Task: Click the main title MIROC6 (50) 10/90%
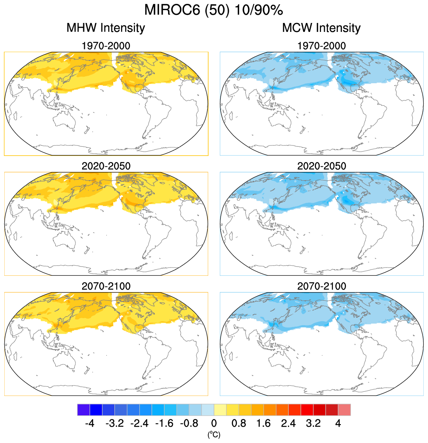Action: point(213,10)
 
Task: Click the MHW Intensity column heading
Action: point(105,28)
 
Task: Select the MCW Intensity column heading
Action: point(321,28)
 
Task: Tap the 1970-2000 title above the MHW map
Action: point(105,46)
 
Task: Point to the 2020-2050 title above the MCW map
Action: point(321,166)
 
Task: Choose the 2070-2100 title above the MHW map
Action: point(105,286)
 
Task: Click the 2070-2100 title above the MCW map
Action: point(321,286)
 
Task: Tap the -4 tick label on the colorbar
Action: point(89,423)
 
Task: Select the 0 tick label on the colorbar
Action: point(214,423)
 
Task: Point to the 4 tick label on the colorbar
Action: point(338,423)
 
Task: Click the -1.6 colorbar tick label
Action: point(164,423)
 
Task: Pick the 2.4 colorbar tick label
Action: point(288,423)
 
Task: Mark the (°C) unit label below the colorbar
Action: point(214,434)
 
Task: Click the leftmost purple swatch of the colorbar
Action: point(84,410)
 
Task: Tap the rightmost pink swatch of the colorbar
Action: point(344,410)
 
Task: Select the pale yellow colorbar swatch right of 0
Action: point(220,410)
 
